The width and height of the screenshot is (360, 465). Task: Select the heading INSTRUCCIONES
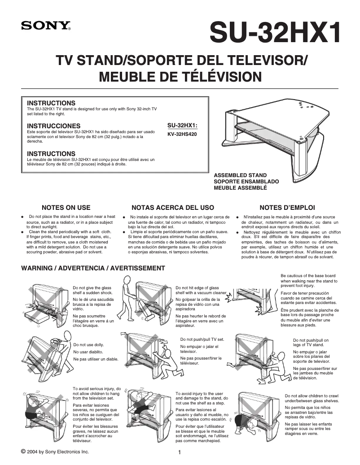[x=54, y=126]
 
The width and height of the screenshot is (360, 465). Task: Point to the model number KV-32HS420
[x=182, y=134]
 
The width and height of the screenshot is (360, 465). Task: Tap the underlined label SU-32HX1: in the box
[x=182, y=126]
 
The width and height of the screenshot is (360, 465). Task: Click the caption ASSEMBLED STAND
[x=240, y=175]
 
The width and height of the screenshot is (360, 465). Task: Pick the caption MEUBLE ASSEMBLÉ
[x=240, y=188]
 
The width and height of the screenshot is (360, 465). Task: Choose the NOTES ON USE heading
[x=66, y=208]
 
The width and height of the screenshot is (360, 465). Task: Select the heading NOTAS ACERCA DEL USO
[x=173, y=208]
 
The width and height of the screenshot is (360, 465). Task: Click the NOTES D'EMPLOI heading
[x=287, y=208]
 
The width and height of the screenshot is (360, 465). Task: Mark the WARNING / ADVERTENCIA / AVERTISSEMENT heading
[x=93, y=268]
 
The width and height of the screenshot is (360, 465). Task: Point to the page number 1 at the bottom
[x=179, y=452]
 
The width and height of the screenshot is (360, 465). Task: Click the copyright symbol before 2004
[x=23, y=451]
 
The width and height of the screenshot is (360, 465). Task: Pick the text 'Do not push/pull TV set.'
[x=202, y=339]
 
